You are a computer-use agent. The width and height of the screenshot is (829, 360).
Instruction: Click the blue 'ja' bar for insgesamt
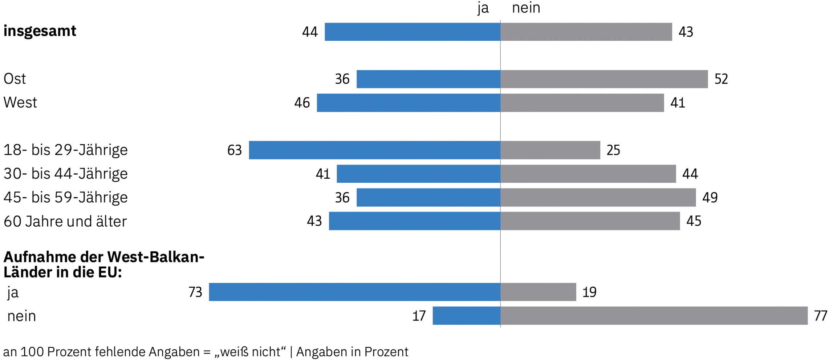pyautogui.click(x=412, y=32)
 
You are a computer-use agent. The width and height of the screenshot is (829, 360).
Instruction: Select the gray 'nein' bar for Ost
pyautogui.click(x=604, y=79)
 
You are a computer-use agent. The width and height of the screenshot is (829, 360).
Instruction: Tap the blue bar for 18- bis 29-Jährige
pyautogui.click(x=374, y=150)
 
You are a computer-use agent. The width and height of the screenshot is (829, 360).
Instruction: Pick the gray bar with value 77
pyautogui.click(x=654, y=315)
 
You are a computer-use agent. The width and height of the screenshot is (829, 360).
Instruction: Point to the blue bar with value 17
pyautogui.click(x=466, y=315)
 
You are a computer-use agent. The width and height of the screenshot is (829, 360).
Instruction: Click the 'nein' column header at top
pyautogui.click(x=526, y=8)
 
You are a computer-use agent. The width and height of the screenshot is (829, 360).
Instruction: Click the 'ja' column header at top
pyautogui.click(x=483, y=8)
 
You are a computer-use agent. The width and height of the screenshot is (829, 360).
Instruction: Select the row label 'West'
pyautogui.click(x=20, y=102)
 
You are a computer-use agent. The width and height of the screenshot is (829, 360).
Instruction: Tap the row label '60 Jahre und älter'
pyautogui.click(x=65, y=221)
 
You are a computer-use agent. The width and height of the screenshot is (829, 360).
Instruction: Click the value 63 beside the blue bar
pyautogui.click(x=234, y=150)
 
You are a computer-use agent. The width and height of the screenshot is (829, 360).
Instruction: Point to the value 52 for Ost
pyautogui.click(x=721, y=79)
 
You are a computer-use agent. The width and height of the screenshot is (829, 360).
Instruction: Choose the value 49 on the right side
pyautogui.click(x=710, y=198)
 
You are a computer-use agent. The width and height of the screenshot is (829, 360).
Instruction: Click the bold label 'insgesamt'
pyautogui.click(x=40, y=31)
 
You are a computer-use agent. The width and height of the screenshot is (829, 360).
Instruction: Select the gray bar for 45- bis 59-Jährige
pyautogui.click(x=598, y=197)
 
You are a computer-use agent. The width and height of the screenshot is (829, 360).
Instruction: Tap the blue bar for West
pyautogui.click(x=408, y=102)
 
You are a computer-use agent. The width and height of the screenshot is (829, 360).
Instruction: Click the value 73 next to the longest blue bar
pyautogui.click(x=195, y=292)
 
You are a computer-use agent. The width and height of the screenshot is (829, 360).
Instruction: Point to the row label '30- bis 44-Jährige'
pyautogui.click(x=65, y=174)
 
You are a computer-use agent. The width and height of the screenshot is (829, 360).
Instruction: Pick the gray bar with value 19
pyautogui.click(x=538, y=292)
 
